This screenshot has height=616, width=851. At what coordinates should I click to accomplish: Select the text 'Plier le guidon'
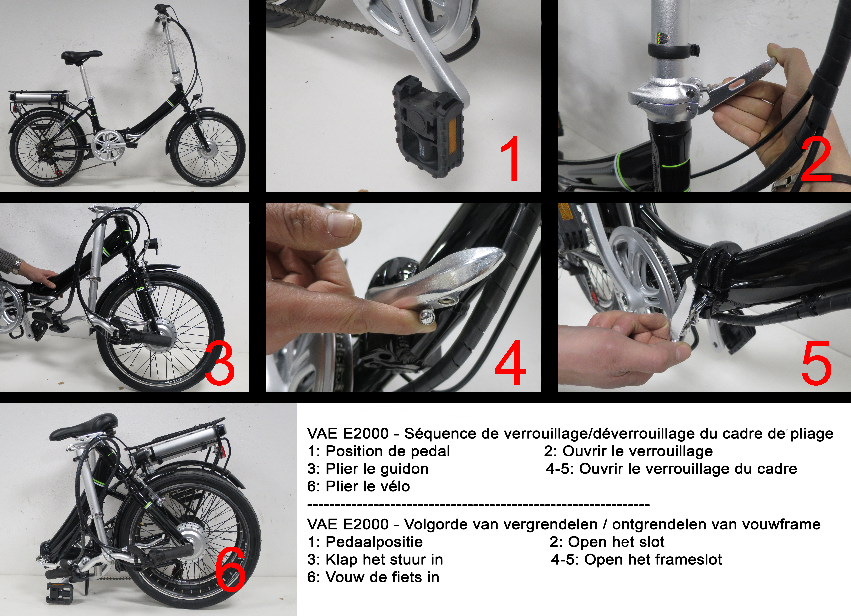pos(377,469)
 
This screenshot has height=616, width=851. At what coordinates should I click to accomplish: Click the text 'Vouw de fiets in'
pos(382,577)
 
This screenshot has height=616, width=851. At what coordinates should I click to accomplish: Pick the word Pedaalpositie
pos(374,542)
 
